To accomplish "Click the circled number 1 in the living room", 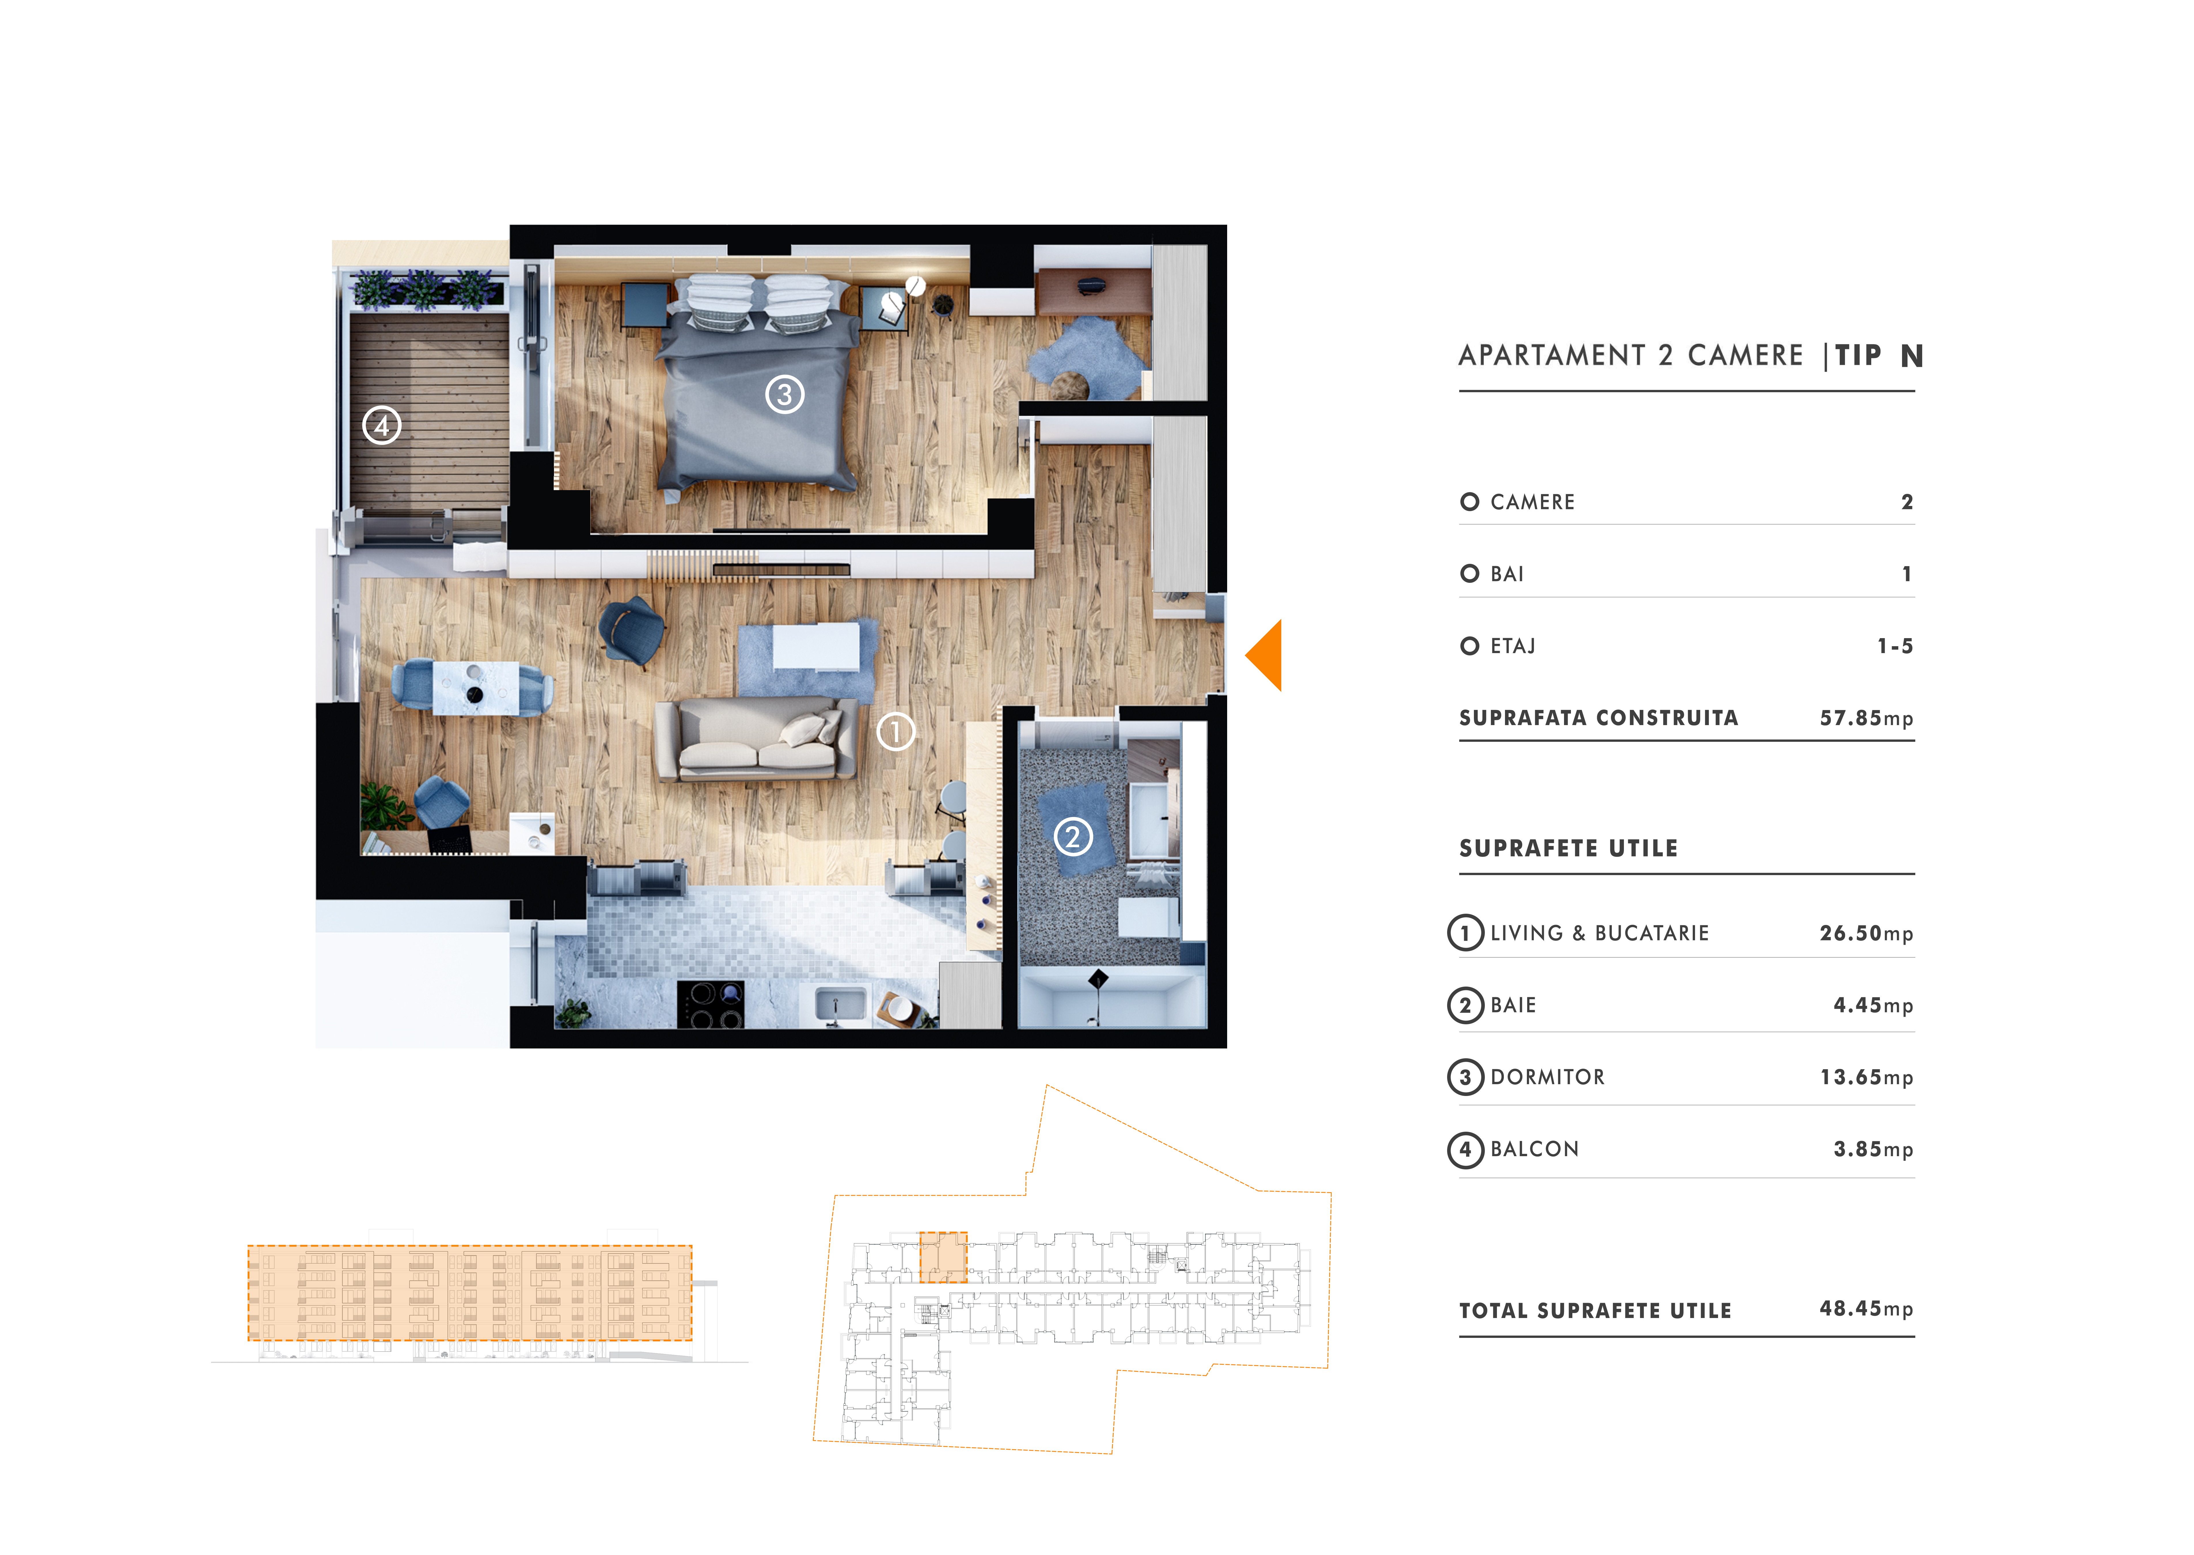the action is pyautogui.click(x=896, y=733).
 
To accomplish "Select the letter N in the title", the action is pyautogui.click(x=1912, y=356).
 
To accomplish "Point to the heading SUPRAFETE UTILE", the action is pyautogui.click(x=1568, y=848).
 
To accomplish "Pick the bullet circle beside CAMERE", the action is pyautogui.click(x=1469, y=502).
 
